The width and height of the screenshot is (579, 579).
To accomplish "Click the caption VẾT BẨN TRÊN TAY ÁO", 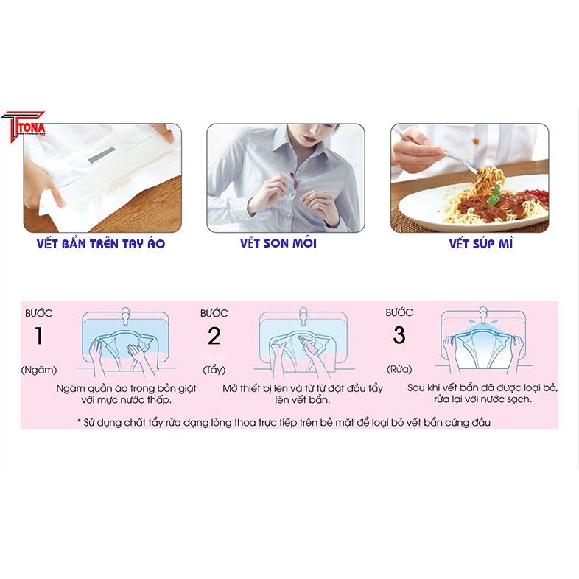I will pyautogui.click(x=100, y=244).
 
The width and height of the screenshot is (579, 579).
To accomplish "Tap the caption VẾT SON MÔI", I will pyautogui.click(x=278, y=243).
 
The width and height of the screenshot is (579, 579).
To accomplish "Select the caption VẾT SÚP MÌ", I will pyautogui.click(x=480, y=243).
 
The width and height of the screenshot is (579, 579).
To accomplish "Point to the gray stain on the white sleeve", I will pyautogui.click(x=102, y=156).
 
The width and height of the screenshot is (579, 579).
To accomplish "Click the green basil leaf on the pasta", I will pyautogui.click(x=494, y=194).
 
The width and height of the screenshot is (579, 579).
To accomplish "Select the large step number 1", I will pyautogui.click(x=39, y=337).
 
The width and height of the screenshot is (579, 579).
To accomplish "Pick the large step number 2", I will pyautogui.click(x=214, y=337).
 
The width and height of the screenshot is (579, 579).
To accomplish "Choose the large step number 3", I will pyautogui.click(x=399, y=336).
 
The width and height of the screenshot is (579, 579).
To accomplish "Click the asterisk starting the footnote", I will pyautogui.click(x=80, y=422).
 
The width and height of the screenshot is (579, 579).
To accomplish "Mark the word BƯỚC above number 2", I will pyautogui.click(x=214, y=313).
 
